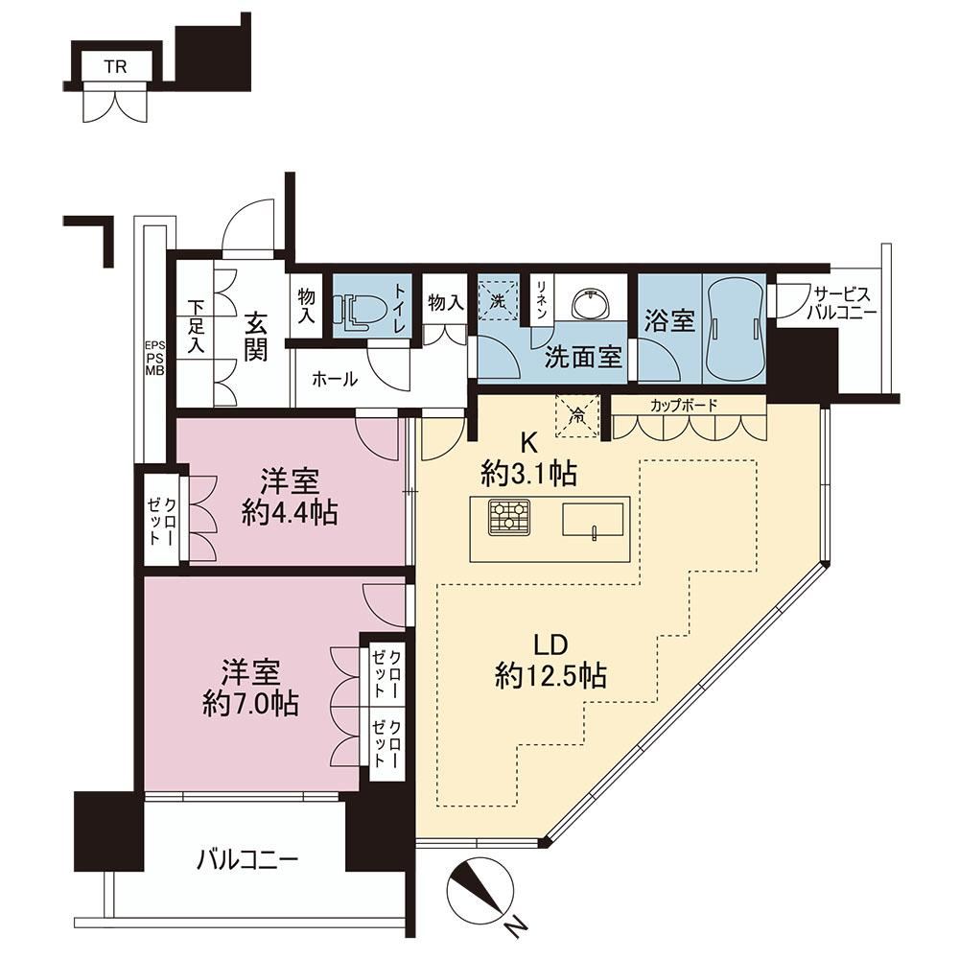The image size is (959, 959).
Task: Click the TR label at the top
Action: click(x=115, y=66)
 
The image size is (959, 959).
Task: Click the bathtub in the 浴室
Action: click(x=734, y=327)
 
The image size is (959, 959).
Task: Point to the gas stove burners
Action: click(x=509, y=518)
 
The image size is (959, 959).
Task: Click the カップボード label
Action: click(x=684, y=405)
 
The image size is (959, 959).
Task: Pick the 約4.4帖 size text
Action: click(x=290, y=511)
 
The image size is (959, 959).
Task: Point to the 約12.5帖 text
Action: click(x=551, y=676)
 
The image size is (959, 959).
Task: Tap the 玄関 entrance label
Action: click(x=256, y=336)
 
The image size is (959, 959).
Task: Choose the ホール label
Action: click(x=335, y=379)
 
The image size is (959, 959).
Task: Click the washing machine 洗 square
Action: click(x=498, y=299)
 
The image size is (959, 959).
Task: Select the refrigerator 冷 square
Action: click(x=576, y=416)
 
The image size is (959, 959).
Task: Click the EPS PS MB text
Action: click(x=154, y=359)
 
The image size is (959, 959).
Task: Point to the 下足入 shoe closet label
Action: click(x=197, y=326)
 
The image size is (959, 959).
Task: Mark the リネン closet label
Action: click(x=541, y=299)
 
